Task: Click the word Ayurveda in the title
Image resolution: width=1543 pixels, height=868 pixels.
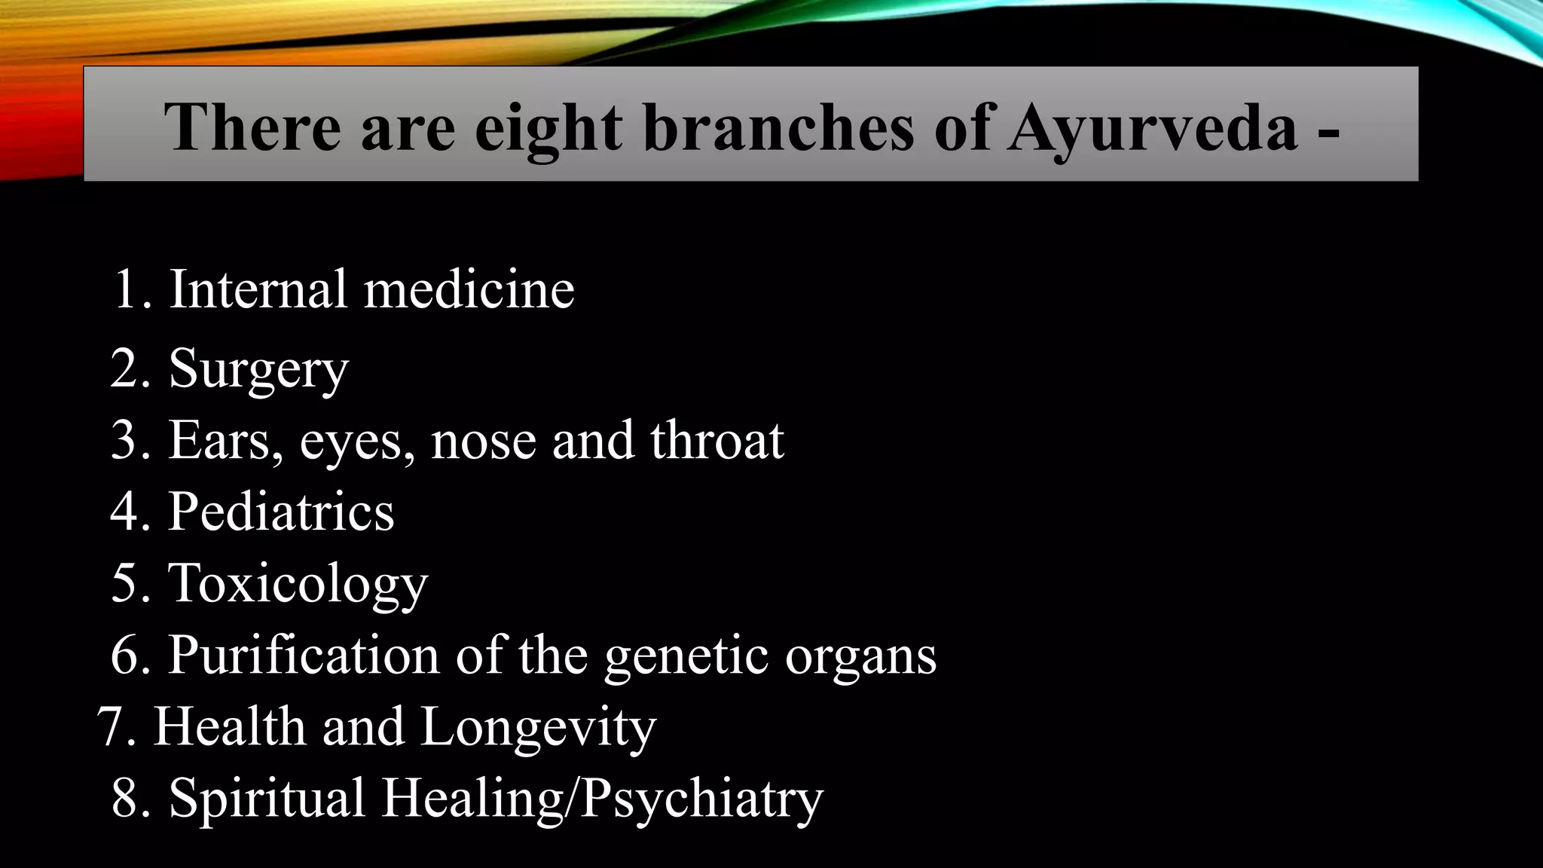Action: pos(1153,128)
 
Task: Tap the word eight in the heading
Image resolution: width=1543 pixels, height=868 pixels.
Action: pos(548,128)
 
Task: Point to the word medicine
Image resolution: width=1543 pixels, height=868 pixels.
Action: pos(469,290)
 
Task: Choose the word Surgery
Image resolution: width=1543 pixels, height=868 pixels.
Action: pos(258,370)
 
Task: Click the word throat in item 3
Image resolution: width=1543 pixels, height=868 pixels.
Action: pos(717,440)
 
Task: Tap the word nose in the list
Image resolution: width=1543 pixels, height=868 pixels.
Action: pos(482,442)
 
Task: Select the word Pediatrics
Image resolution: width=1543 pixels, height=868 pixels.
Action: pos(281,512)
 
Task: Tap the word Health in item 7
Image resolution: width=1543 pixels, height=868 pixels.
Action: pos(230,726)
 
